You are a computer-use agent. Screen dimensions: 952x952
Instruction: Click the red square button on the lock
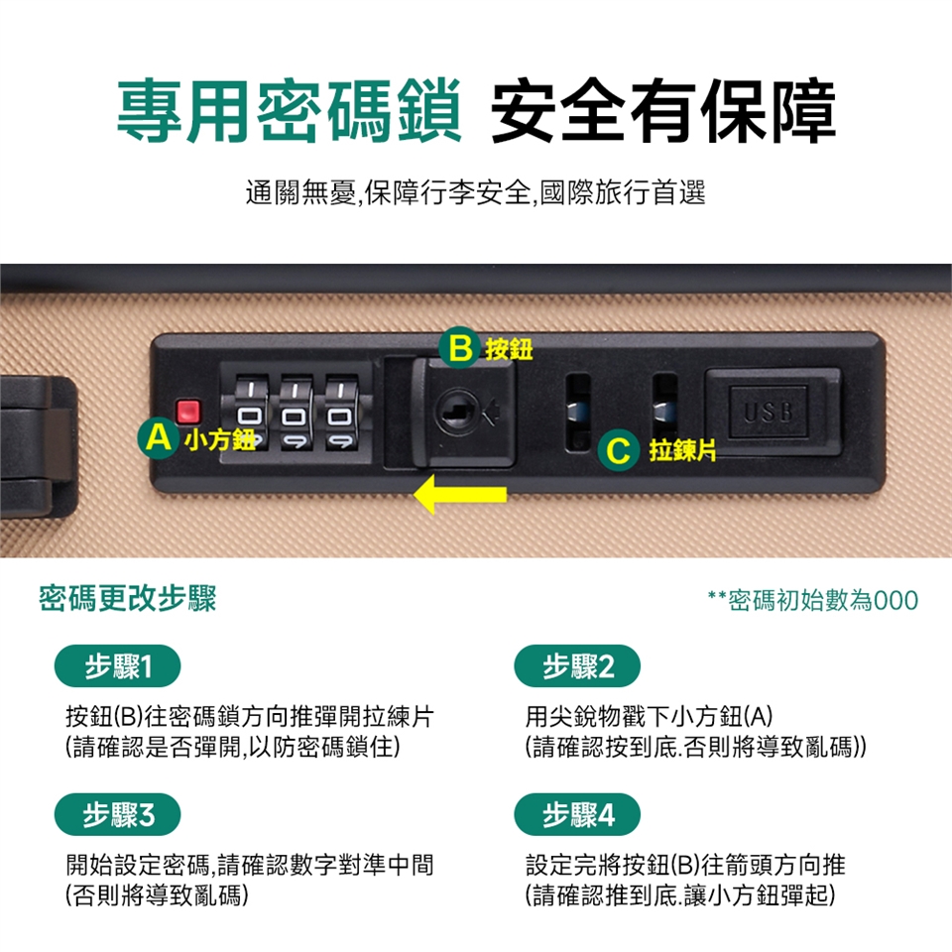187,412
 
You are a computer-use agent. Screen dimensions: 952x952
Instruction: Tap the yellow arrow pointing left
459,494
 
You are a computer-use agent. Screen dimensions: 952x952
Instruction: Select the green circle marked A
159,437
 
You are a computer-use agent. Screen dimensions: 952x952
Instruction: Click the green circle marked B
459,348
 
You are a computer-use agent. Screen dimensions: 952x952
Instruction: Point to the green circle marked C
618,450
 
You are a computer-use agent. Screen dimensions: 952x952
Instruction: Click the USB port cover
773,412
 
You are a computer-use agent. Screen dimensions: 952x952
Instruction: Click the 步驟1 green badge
118,666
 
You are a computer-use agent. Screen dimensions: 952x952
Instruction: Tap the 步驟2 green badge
577,666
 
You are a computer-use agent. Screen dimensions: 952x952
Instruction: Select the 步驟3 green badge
118,814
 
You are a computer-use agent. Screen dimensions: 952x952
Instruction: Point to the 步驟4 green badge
577,814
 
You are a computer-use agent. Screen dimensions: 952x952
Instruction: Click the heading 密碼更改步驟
128,599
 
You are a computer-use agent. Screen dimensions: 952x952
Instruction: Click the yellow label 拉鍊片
682,450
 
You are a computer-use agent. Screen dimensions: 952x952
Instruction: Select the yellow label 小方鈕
219,439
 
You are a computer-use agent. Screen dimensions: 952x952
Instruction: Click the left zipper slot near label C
578,412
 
